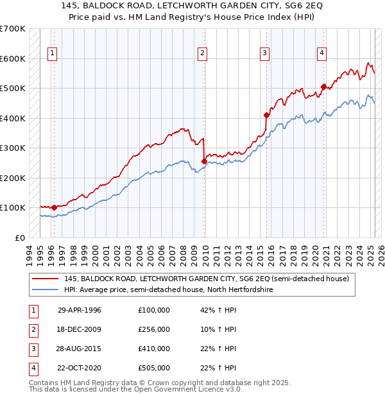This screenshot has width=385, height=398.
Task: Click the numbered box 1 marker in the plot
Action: tap(51, 53)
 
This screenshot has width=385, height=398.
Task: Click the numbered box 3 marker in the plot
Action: tap(264, 53)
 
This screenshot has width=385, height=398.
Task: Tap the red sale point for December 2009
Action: tap(204, 161)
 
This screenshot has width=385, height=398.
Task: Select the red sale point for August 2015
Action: tap(266, 116)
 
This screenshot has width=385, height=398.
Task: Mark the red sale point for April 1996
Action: tap(54, 207)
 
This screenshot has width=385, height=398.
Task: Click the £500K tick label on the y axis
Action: tap(12, 89)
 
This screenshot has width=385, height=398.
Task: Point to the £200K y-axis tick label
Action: tap(12, 178)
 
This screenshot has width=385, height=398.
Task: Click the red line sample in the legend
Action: tap(46, 279)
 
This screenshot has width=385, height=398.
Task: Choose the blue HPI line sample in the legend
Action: tap(46, 290)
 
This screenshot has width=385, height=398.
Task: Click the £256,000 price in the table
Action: tap(153, 329)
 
